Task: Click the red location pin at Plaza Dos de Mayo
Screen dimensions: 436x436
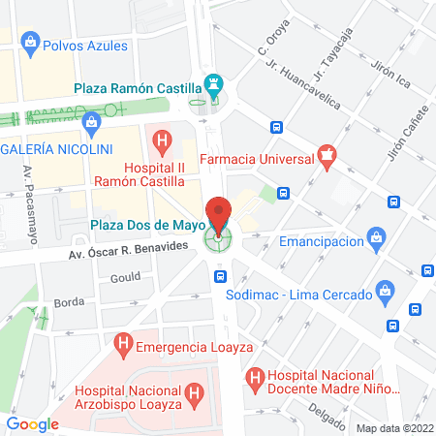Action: (218, 216)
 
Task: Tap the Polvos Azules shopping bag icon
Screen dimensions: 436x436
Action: (31, 42)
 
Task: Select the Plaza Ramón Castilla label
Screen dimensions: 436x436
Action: (138, 89)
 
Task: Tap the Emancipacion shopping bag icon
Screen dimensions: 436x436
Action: (377, 240)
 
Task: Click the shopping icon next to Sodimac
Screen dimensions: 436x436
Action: (386, 290)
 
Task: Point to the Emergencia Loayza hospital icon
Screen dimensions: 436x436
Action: (123, 344)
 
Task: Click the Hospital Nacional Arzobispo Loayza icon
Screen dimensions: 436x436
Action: (195, 392)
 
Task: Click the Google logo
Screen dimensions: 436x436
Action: (32, 423)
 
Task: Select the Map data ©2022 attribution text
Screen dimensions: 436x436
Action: (393, 427)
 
